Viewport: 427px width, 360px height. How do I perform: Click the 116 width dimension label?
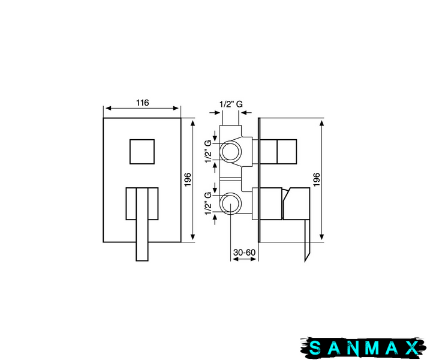tap(142, 103)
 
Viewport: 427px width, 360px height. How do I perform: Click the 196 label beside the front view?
tap(188, 179)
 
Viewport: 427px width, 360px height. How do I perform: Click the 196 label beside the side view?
tap(317, 179)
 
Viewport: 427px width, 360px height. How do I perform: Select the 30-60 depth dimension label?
tap(244, 253)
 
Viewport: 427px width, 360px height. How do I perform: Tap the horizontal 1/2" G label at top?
tap(231, 104)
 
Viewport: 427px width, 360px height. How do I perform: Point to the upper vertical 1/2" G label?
tap(208, 152)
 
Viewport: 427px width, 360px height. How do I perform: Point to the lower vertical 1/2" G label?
tap(208, 203)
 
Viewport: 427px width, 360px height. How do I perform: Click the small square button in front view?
tap(142, 152)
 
